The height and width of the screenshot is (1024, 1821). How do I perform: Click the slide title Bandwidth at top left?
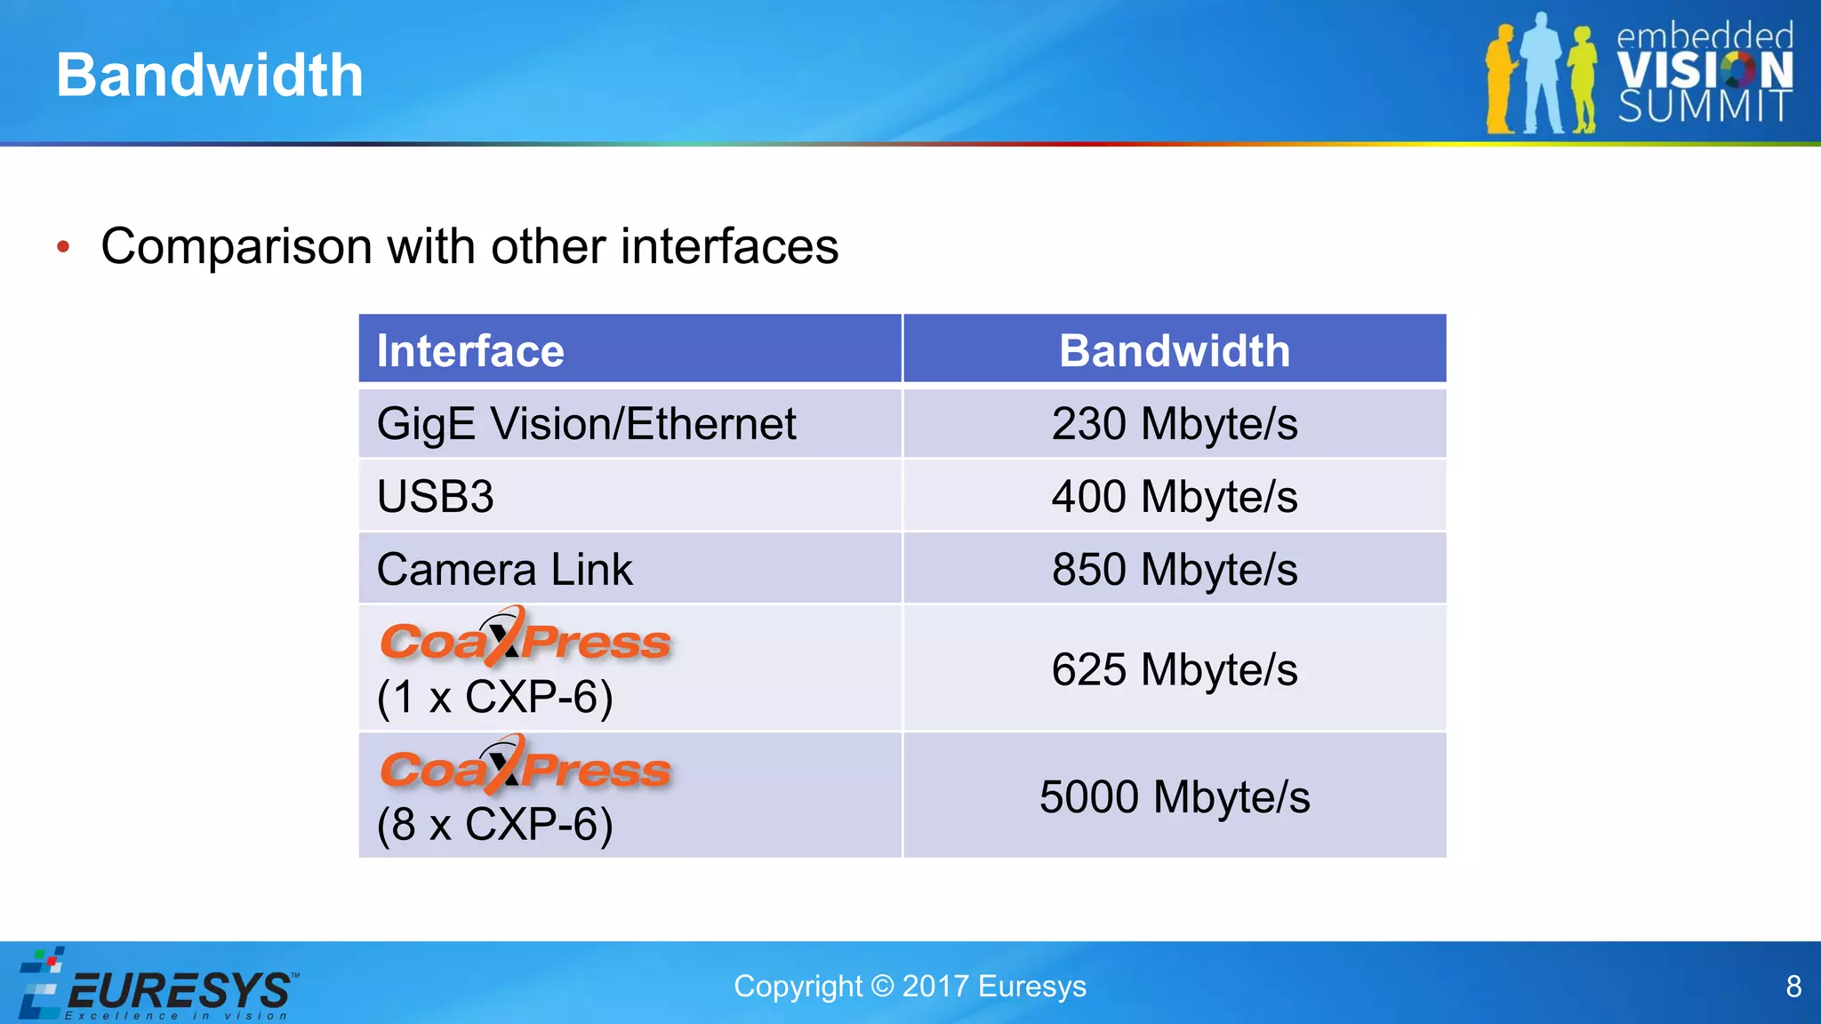pos(210,75)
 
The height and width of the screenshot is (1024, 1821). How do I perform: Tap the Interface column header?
pos(470,350)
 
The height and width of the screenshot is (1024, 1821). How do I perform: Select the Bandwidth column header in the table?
pos(1174,350)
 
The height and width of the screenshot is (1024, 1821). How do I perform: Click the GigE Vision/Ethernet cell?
pos(586,423)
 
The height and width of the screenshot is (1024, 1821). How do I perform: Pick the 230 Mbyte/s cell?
pos(1174,423)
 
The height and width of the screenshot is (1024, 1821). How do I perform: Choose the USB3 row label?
pos(435,496)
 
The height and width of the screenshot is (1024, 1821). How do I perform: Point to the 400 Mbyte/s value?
pos(1174,496)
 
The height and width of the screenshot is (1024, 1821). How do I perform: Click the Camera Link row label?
pos(504,569)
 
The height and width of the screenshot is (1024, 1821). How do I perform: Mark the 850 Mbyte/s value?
pos(1174,569)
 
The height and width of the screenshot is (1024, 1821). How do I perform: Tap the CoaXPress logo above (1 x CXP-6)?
pos(525,638)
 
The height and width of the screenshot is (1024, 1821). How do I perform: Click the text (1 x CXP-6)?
pos(494,697)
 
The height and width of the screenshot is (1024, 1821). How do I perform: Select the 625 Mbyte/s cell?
pos(1174,669)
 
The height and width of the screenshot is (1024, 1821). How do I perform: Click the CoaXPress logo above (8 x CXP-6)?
pos(525,766)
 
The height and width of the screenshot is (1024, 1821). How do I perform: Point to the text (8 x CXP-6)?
pos(494,824)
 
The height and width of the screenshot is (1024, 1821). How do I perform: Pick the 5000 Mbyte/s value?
pos(1174,796)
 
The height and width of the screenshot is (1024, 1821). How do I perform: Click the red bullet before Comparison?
pos(63,246)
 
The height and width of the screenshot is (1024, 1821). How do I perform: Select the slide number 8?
pos(1793,986)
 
